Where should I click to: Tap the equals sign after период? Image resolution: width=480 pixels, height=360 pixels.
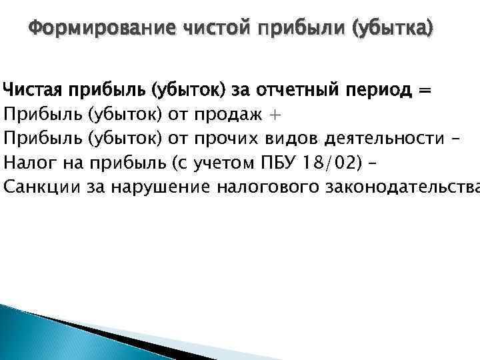pos(423,89)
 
